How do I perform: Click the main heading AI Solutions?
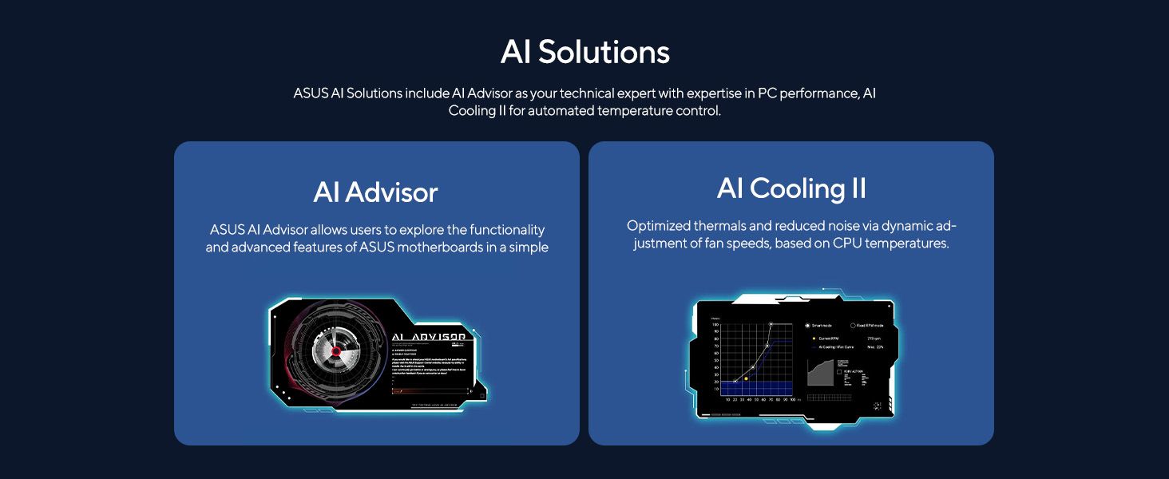(584, 53)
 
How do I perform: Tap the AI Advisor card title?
(375, 192)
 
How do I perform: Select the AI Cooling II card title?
(791, 189)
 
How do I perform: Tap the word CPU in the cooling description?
(850, 243)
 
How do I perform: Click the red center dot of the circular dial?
(336, 351)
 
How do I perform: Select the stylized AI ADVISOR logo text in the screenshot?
(429, 337)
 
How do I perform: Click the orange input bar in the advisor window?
(431, 392)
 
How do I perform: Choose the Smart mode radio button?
(807, 326)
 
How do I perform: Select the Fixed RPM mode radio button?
(853, 326)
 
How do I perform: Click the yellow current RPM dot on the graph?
(746, 378)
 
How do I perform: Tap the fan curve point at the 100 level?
(771, 325)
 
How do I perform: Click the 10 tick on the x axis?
(727, 399)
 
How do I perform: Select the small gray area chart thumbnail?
(820, 373)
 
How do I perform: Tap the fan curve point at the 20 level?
(735, 382)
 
